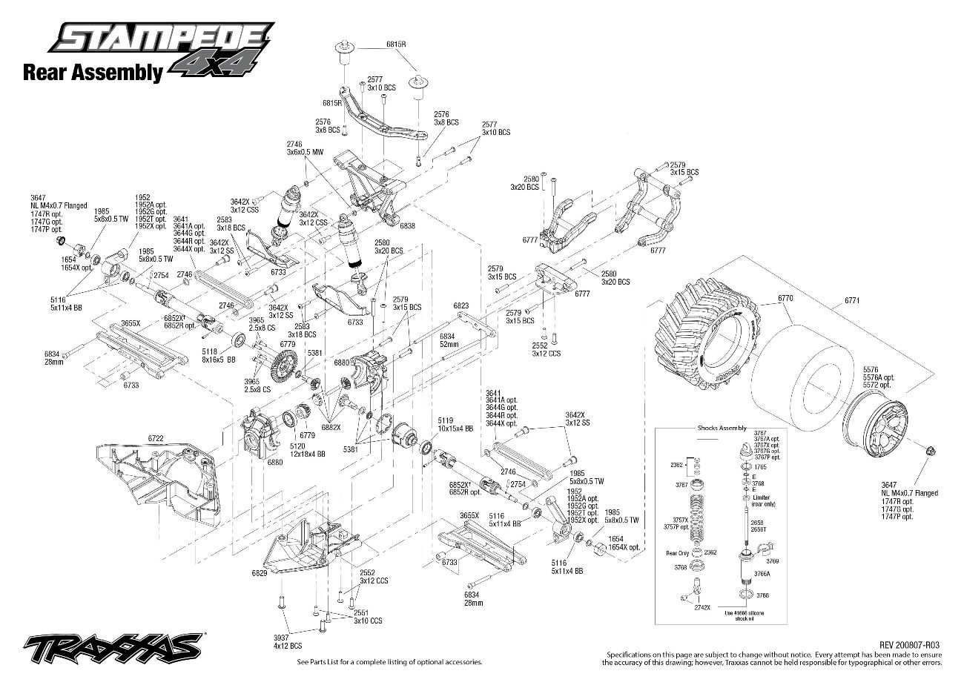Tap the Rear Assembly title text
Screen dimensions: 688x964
[x=92, y=73]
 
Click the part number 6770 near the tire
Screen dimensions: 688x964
[x=785, y=298]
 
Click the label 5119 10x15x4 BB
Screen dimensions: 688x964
[x=445, y=425]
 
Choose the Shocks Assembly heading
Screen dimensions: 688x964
[x=722, y=429]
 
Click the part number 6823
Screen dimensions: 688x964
[x=461, y=305]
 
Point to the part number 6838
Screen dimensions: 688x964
[x=407, y=225]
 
